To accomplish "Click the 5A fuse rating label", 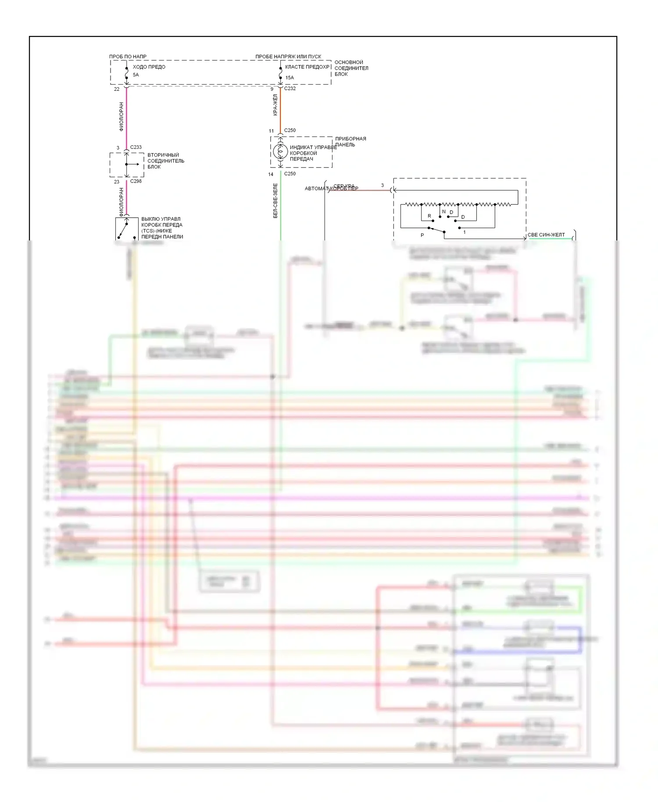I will click(136, 75).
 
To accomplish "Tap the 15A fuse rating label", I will click(290, 78).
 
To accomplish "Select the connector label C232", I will click(290, 89).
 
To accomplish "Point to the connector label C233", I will click(136, 147).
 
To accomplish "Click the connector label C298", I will click(136, 181).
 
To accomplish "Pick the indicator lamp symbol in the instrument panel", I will click(280, 152).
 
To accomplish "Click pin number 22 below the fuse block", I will click(117, 89).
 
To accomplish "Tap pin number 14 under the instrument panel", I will click(271, 174).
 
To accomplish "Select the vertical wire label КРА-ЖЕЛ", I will click(275, 105).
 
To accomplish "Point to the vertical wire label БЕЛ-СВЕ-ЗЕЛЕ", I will click(275, 200).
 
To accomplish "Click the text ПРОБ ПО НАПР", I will click(128, 57).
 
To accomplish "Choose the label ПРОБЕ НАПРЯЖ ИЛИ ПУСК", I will click(288, 57).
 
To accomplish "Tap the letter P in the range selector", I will click(422, 236).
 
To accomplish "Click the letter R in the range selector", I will click(429, 216).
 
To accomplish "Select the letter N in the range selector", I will click(444, 211).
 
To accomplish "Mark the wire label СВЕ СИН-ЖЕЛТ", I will click(546, 235).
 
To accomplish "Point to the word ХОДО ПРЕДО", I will click(149, 67).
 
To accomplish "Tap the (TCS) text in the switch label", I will click(148, 231).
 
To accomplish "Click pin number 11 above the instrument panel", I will click(271, 131).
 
